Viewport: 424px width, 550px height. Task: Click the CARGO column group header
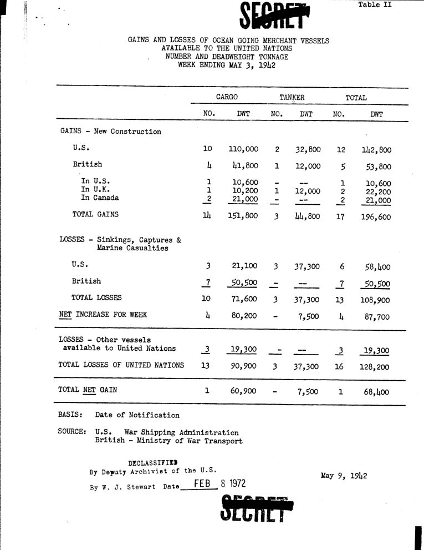tap(227, 97)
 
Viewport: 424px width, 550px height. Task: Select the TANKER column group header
tap(292, 97)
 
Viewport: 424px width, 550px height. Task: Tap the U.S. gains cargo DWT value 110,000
tap(243, 149)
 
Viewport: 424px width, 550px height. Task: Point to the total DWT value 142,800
tap(377, 149)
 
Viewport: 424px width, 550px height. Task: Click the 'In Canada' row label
tap(100, 198)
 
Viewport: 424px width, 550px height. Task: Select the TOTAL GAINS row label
tap(95, 214)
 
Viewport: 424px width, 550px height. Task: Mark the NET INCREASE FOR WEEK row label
tap(103, 314)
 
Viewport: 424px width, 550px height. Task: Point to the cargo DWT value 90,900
tap(243, 366)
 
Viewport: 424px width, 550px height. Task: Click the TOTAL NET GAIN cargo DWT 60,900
tap(243, 391)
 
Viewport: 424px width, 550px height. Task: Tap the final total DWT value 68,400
tap(377, 392)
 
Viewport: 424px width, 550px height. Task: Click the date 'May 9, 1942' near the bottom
tap(344, 476)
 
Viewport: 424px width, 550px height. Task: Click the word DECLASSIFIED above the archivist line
tap(153, 462)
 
